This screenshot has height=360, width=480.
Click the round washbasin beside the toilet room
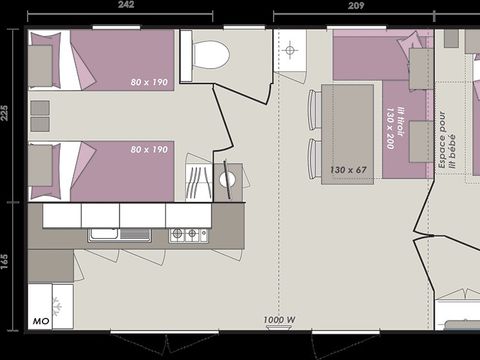[227, 180]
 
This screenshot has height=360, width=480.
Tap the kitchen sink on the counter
[105, 235]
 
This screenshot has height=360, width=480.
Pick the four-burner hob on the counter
[188, 235]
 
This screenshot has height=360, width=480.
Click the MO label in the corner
[41, 321]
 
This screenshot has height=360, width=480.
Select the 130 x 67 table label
[348, 169]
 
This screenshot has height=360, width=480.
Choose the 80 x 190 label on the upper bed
[149, 81]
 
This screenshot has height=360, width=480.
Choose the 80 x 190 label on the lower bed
[149, 149]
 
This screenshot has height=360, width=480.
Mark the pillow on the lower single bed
[40, 169]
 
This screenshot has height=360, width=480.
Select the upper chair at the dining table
[314, 109]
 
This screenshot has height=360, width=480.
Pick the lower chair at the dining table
[314, 158]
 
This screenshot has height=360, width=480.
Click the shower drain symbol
[289, 48]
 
